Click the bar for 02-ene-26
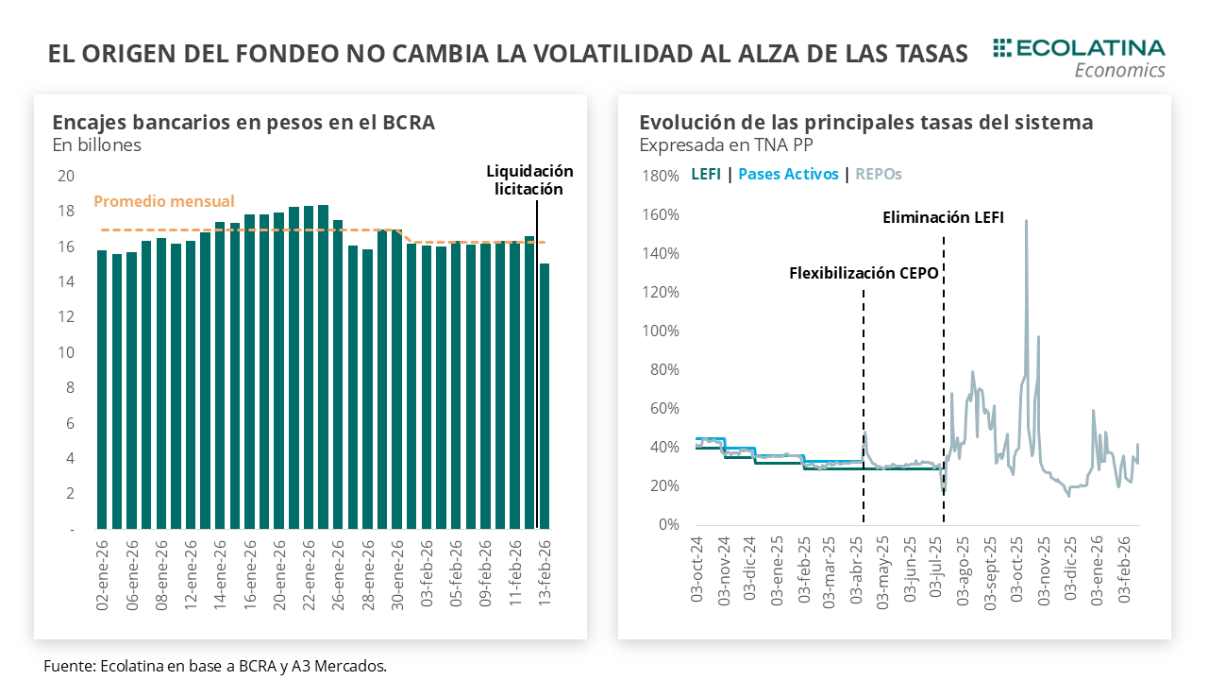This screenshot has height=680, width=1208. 102,388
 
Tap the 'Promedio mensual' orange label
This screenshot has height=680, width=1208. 164,201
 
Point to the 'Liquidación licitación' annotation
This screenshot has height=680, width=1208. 529,179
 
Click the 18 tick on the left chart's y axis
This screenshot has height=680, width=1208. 66,211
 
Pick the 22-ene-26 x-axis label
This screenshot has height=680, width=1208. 309,574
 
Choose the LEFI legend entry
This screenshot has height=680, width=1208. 706,174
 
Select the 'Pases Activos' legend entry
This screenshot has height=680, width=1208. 788,174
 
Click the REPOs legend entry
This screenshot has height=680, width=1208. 879,174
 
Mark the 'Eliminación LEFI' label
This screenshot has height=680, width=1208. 943,217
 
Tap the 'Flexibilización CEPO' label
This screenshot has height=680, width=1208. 864,274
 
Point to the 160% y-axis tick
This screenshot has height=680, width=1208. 660,214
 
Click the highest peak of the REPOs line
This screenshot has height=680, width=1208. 1026,221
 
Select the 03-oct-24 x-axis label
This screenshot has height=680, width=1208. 696,570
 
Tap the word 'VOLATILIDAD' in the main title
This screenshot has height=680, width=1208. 594,54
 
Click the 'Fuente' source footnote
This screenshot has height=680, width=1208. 215,666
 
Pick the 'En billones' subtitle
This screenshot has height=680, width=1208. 96,144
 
